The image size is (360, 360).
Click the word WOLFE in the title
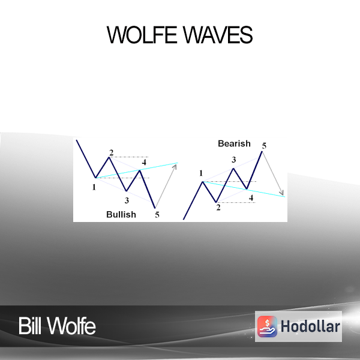142,35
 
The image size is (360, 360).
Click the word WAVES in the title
218,35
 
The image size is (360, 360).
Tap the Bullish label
121,214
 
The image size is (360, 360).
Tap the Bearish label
234,143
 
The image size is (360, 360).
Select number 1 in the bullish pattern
94,187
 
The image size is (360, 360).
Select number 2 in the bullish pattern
112,152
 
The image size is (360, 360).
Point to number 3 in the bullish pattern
127,200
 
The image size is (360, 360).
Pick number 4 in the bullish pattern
144,163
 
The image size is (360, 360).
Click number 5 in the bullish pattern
157,215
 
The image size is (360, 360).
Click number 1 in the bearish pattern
201,173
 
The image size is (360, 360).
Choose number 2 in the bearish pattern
218,208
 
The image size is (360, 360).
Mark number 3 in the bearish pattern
234,160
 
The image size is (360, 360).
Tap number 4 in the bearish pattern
251,198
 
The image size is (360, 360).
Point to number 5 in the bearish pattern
264,146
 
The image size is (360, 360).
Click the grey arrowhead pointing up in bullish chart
175,166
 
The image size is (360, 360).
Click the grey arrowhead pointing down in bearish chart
281,193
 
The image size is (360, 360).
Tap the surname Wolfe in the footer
71,326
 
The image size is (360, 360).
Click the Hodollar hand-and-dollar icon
267,326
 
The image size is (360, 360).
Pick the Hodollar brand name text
310,326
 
